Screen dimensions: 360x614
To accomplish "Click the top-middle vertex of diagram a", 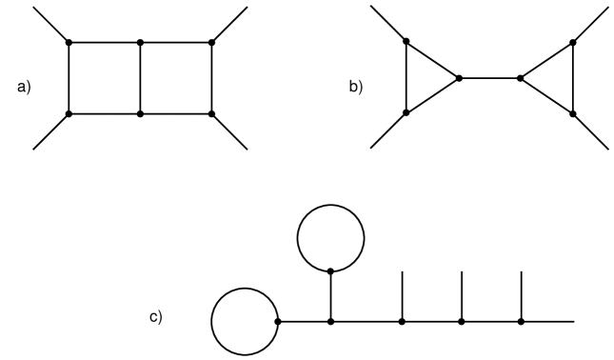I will (141, 42).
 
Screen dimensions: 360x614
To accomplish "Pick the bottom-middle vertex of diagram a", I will (141, 113).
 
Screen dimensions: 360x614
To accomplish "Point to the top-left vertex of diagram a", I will (69, 42).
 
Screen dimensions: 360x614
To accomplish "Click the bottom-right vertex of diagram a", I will (211, 113).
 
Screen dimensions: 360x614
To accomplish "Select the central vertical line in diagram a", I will (141, 78).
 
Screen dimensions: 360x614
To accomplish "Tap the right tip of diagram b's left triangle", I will (459, 78).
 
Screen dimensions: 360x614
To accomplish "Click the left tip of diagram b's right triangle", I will (520, 78).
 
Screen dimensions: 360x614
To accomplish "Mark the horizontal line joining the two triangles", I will (489, 78).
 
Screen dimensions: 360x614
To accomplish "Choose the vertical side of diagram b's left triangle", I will (406, 77).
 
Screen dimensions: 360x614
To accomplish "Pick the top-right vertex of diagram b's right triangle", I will (573, 42).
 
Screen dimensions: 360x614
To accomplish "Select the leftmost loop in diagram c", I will (244, 322).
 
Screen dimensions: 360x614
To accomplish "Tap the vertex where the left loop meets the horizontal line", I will (277, 322).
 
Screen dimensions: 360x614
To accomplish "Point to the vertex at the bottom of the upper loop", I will (330, 270).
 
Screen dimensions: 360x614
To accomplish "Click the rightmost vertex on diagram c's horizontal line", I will (522, 322).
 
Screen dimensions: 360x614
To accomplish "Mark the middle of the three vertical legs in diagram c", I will (462, 295).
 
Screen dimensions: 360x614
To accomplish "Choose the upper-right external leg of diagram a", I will (229, 24).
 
